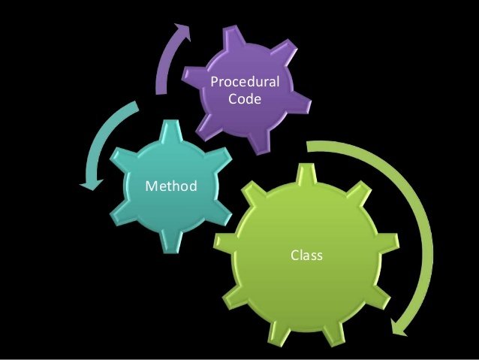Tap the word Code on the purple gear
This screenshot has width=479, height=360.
[245, 98]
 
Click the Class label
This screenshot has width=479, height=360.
[306, 256]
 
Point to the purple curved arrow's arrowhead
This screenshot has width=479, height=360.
[182, 31]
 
